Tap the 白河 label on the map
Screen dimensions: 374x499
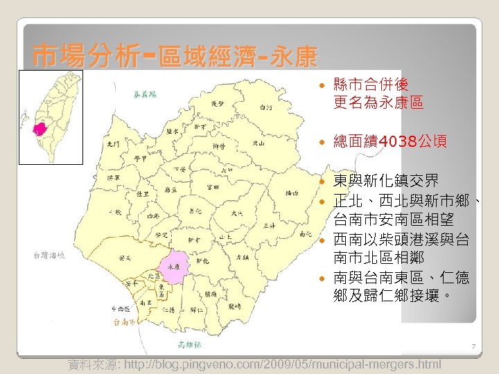click(x=265, y=107)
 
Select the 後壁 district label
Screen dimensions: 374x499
click(x=217, y=103)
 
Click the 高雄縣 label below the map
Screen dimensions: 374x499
click(x=189, y=344)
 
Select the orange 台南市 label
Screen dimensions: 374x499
click(x=124, y=322)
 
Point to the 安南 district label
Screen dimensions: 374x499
click(x=126, y=258)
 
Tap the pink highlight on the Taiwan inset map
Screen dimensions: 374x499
click(x=40, y=129)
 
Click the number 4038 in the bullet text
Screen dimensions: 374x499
click(x=388, y=142)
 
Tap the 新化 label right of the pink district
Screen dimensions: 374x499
click(x=202, y=261)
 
